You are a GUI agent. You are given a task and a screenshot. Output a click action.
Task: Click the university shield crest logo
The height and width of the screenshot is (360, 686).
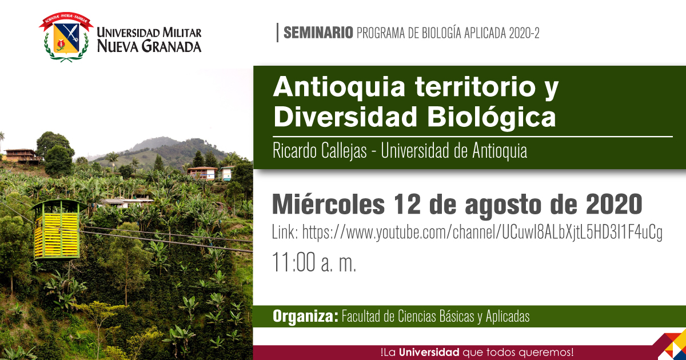tap(66, 37)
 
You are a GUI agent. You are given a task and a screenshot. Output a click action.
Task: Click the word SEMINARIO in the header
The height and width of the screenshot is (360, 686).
tap(318, 33)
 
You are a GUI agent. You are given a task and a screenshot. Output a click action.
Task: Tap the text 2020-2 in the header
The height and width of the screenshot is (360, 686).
tap(524, 33)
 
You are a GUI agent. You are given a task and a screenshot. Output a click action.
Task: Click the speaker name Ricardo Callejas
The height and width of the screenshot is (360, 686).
tap(320, 151)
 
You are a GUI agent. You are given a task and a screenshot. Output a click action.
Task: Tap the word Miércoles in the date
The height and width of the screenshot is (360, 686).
tap(329, 204)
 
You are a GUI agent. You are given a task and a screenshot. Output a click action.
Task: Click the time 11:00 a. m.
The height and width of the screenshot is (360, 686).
tap(314, 263)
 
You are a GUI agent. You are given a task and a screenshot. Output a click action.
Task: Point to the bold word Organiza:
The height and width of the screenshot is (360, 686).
tap(305, 316)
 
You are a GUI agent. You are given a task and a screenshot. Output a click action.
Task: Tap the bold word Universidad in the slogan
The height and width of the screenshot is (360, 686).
tap(429, 352)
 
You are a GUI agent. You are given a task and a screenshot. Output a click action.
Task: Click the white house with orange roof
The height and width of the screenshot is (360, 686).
tap(202, 173)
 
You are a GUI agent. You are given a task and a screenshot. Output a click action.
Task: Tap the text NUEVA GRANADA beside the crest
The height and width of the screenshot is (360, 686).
tap(149, 46)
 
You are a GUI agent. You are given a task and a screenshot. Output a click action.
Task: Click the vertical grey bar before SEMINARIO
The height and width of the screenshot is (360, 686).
tap(277, 33)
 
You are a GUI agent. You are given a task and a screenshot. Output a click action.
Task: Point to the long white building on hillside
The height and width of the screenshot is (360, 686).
tap(126, 203)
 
